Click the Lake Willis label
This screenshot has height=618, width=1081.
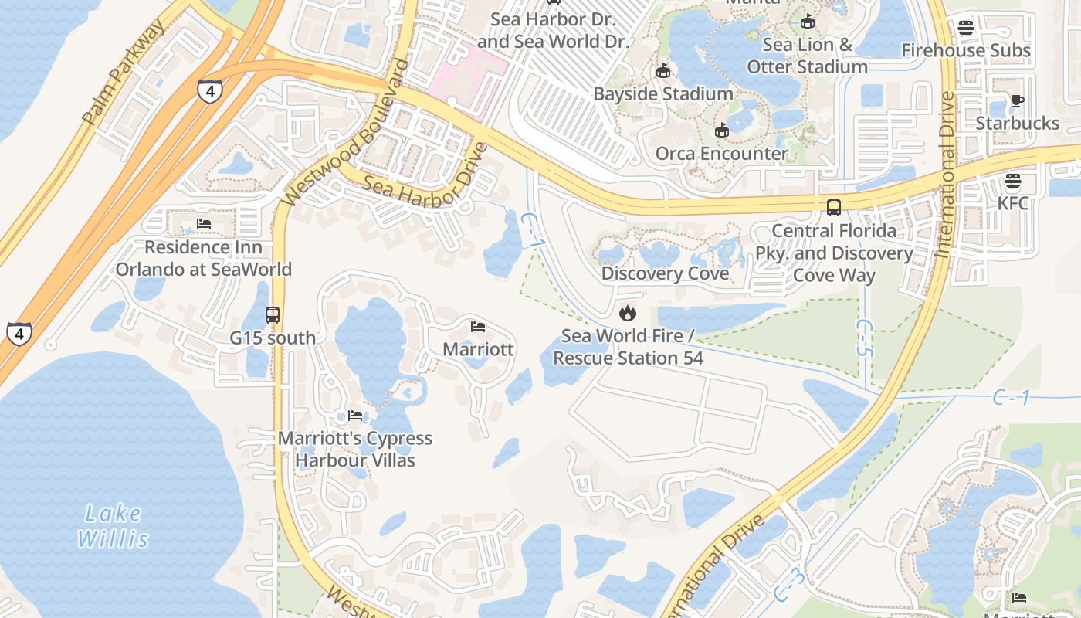pyautogui.click(x=113, y=526)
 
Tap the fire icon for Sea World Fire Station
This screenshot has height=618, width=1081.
pyautogui.click(x=627, y=313)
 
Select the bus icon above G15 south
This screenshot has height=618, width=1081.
pyautogui.click(x=273, y=315)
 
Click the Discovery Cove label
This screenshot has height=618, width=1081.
pyautogui.click(x=665, y=273)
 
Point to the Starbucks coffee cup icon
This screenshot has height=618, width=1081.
pyautogui.click(x=1017, y=100)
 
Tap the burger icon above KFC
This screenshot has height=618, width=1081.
pyautogui.click(x=1013, y=181)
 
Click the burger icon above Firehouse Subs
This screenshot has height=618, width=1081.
pyautogui.click(x=965, y=28)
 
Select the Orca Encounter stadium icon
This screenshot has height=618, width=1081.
pyautogui.click(x=721, y=131)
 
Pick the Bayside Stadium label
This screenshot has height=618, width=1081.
pyautogui.click(x=662, y=93)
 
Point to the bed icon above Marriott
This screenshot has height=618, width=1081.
pyautogui.click(x=478, y=327)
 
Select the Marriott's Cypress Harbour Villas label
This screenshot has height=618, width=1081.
pyautogui.click(x=354, y=449)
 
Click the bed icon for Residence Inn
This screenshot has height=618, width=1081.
pyautogui.click(x=204, y=224)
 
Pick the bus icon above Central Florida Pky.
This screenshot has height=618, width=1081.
pyautogui.click(x=834, y=207)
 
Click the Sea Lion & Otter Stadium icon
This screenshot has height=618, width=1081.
pyautogui.click(x=808, y=22)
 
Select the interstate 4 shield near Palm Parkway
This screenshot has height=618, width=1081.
pyautogui.click(x=209, y=90)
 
